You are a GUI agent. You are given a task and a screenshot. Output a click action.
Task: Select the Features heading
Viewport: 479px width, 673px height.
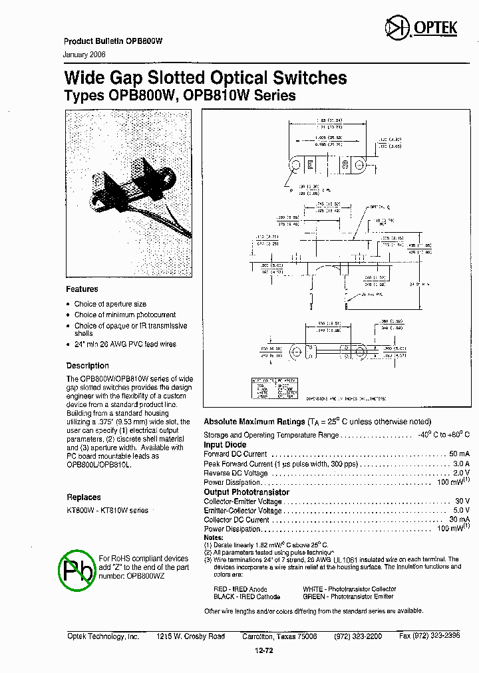pos(82,289)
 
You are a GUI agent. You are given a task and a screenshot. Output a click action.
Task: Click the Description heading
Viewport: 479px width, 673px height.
pos(87,366)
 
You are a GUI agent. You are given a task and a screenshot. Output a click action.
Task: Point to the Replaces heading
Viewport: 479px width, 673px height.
pos(84,497)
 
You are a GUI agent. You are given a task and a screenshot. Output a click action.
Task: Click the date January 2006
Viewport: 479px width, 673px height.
pos(84,54)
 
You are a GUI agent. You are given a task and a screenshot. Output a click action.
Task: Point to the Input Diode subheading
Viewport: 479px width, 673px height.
pos(225,445)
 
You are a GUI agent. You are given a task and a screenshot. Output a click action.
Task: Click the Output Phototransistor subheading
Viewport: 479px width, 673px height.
pos(246,492)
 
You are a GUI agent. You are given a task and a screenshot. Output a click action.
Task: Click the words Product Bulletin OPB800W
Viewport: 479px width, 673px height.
pos(113,41)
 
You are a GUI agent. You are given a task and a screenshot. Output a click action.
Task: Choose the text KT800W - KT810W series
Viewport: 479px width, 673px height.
pos(107,509)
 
